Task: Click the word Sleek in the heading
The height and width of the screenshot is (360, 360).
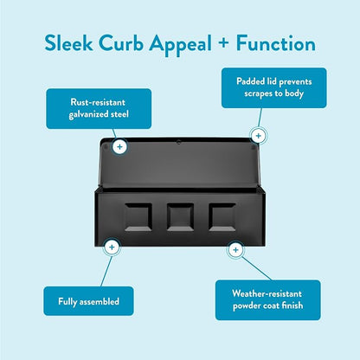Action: pos(68,43)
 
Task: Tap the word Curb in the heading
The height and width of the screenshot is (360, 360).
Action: pos(121,43)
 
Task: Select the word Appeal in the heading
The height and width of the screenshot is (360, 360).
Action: pos(181,45)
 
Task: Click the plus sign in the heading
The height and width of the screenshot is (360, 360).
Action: pos(223,43)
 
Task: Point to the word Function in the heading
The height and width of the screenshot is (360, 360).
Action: pos(276,43)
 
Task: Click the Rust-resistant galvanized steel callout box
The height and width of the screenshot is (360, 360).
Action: pos(99,108)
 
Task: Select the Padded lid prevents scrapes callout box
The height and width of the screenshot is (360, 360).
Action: pos(274,88)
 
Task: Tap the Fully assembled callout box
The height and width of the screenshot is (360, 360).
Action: pos(88,301)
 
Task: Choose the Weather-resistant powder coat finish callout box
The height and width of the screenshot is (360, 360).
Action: pos(268,300)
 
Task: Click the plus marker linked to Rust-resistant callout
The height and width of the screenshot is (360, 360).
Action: pos(119,147)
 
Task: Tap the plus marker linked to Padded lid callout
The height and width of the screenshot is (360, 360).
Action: pos(259,136)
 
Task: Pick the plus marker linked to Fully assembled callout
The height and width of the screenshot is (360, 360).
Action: pos(112,247)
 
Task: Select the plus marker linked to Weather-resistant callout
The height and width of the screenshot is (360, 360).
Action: pos(235,250)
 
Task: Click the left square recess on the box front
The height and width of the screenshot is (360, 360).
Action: pos(138,217)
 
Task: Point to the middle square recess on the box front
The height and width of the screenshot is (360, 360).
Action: pos(180,217)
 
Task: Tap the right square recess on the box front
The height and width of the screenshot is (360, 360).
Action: pos(222,217)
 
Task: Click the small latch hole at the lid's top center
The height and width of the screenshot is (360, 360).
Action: pos(178,142)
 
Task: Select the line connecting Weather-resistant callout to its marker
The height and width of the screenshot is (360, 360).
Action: pos(256,268)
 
